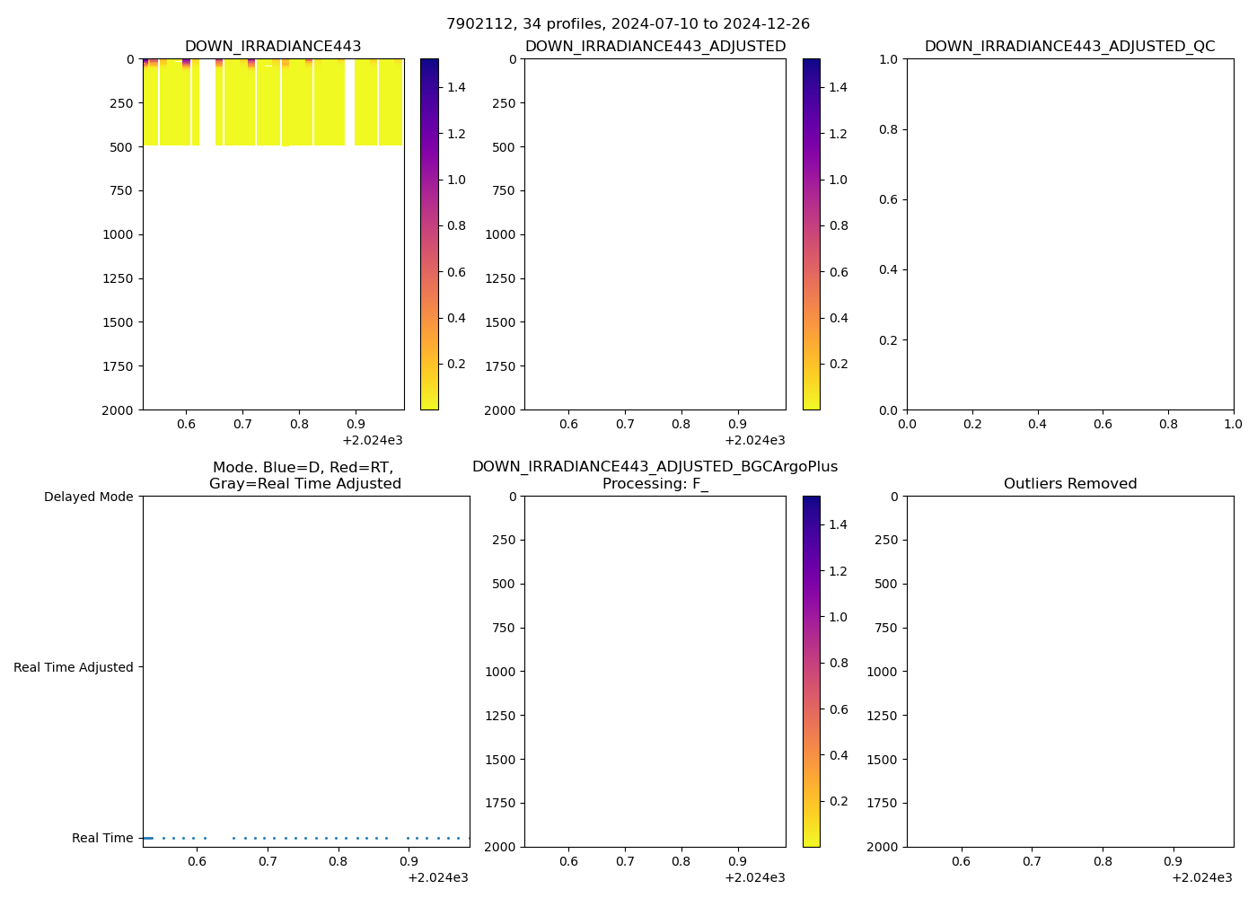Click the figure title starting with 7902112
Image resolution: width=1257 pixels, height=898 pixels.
coord(628,24)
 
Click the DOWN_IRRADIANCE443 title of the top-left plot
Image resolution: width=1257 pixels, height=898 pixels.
coord(273,47)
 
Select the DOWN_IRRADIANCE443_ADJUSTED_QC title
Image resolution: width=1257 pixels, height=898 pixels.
coord(1069,47)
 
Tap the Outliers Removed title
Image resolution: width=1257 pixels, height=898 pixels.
coord(1069,484)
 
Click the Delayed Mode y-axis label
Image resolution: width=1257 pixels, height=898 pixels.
coord(88,497)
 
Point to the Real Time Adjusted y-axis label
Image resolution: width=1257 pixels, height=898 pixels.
coord(74,667)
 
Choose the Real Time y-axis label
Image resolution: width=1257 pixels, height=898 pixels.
coord(102,838)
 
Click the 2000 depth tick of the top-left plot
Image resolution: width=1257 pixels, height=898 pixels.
coord(119,410)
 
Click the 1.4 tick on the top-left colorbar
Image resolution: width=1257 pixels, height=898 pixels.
coord(456,87)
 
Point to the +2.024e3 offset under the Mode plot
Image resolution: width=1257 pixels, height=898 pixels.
coord(437,877)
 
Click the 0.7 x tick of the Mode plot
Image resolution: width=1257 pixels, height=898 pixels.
coord(268,862)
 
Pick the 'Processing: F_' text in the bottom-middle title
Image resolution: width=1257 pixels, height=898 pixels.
coord(655,484)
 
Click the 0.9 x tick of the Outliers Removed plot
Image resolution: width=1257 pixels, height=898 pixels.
coord(1173,862)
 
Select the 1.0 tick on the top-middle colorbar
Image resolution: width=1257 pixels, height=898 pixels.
coord(838,180)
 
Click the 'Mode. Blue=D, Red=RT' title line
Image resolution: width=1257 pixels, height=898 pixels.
coord(303,468)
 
